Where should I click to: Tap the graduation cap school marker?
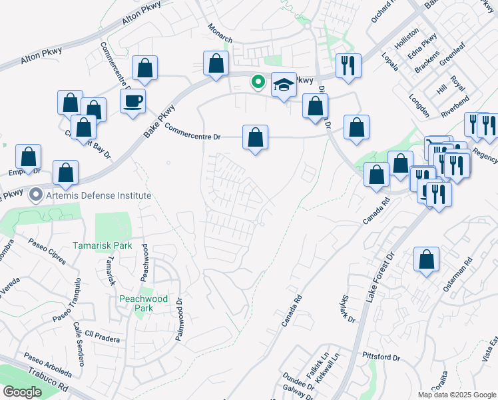[284, 85]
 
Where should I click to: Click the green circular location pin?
[258, 83]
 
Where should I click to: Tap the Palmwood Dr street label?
[178, 321]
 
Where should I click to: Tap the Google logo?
[22, 393]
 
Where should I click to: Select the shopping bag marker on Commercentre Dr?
[255, 137]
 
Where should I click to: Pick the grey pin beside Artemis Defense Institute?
[35, 195]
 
